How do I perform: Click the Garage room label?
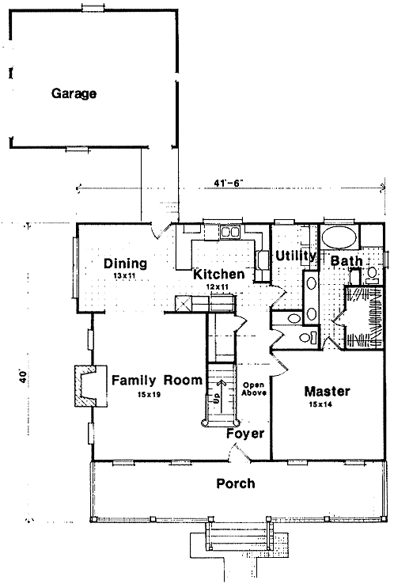tap(74, 93)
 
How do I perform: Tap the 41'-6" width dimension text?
tap(229, 183)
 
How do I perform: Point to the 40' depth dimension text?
tap(23, 377)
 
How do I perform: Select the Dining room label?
tap(125, 264)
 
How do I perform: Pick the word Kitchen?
tap(219, 274)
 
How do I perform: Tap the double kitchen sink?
tap(230, 232)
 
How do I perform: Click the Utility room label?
tap(295, 256)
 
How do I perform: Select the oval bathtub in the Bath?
tap(339, 237)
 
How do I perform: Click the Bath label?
tap(347, 260)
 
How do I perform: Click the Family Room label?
tap(157, 381)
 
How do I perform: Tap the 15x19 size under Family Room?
tap(149, 395)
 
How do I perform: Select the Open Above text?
tap(254, 389)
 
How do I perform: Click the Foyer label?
tap(245, 434)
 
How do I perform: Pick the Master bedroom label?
tap(328, 391)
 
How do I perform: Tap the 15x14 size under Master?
tap(320, 404)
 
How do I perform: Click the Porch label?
tap(236, 484)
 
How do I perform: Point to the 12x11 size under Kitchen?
tap(218, 286)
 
